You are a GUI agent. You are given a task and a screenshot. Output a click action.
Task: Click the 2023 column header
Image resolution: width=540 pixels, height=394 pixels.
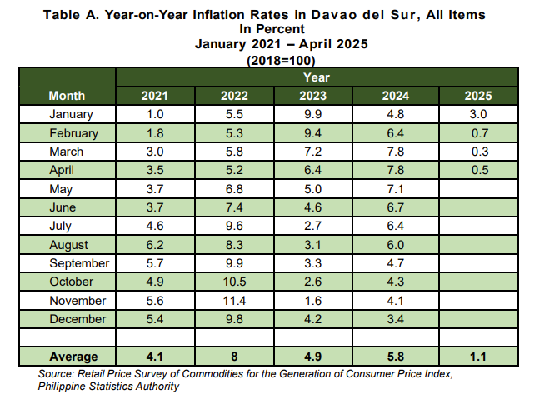312,96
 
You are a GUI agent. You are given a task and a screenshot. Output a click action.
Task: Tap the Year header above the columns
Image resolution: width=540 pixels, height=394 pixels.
317,77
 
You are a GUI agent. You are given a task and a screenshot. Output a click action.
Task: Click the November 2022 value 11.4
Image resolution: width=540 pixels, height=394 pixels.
234,301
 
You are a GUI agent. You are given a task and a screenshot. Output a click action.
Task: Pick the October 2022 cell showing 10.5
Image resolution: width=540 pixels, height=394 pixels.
234,282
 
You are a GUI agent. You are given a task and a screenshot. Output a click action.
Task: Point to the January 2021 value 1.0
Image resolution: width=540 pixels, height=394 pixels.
155,114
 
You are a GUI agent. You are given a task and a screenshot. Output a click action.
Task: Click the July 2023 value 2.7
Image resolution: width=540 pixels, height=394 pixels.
312,226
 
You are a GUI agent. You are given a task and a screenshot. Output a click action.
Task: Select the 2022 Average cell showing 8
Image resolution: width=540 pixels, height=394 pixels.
234,357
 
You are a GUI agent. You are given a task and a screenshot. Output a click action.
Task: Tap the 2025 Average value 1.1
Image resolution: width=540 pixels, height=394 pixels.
478,357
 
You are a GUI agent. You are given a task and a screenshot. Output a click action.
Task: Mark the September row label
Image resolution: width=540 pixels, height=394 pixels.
79,263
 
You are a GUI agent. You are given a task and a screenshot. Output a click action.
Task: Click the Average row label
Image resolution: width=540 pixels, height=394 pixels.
73,357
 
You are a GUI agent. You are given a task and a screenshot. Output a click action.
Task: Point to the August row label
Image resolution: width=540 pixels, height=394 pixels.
68,245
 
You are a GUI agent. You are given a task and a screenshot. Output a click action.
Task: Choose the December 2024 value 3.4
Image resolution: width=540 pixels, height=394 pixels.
395,319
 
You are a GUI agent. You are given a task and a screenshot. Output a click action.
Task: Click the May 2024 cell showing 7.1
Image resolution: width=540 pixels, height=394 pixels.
395,189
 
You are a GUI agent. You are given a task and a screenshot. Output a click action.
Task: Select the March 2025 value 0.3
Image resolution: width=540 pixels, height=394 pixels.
480,152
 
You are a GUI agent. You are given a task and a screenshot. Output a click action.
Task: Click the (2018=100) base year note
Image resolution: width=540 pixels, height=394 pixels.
281,61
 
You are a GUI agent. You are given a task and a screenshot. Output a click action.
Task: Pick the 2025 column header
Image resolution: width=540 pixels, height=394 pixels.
478,96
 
